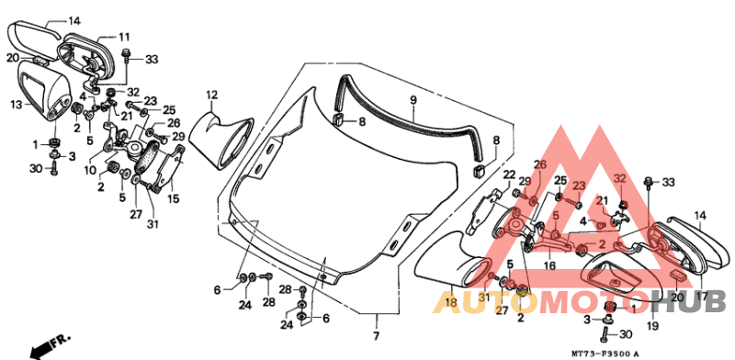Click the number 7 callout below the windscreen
tap(375, 322)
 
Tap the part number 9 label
tap(413, 99)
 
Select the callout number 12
tap(210, 95)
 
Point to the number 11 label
tap(124, 37)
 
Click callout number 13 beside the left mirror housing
tap(15, 106)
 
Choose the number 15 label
tap(174, 198)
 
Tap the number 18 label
tap(451, 302)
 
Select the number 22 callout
tap(509, 174)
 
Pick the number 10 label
tap(90, 169)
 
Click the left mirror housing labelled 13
tap(46, 92)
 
